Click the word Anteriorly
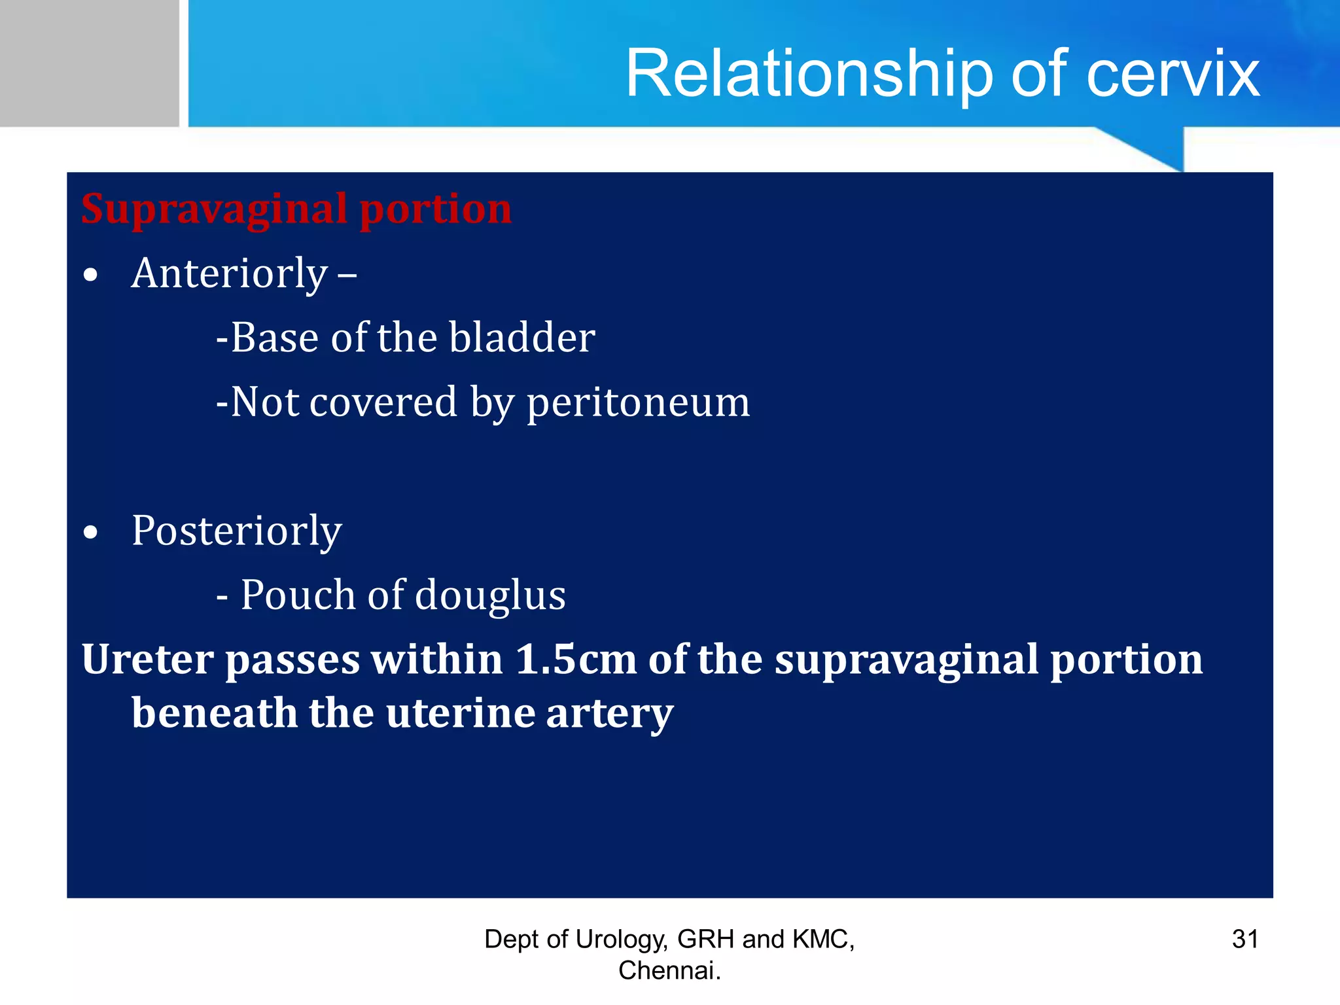[x=229, y=273]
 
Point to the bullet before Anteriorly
[x=90, y=275]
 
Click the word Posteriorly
[x=236, y=531]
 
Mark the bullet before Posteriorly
[x=90, y=532]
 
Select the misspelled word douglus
[x=490, y=595]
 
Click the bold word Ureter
[x=147, y=659]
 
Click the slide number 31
[x=1244, y=940]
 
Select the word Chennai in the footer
[x=666, y=971]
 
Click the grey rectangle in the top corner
[x=89, y=63]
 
